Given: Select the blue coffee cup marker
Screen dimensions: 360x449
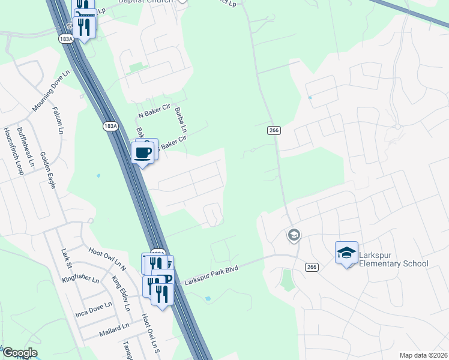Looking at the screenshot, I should click(x=143, y=152).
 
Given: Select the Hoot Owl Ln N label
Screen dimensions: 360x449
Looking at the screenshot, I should click(x=106, y=259).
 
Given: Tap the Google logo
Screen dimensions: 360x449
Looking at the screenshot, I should click(x=19, y=353).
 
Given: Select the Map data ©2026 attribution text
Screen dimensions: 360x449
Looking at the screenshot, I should click(x=423, y=355).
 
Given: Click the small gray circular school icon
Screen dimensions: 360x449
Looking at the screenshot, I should click(x=294, y=235).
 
